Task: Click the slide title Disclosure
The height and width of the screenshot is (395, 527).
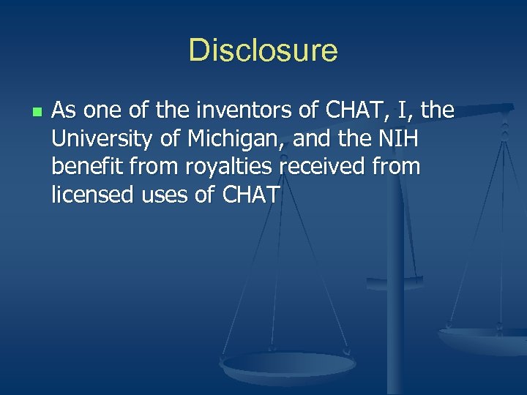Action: [x=263, y=51]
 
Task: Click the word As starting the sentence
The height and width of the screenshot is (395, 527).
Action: [x=64, y=110]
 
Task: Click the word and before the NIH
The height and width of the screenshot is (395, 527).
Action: [x=312, y=139]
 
